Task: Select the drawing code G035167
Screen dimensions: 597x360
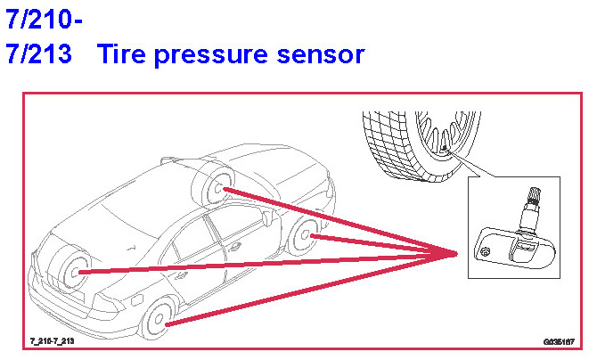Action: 558,341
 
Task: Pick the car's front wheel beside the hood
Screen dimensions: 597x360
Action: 307,235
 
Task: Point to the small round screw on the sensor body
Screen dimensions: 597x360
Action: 485,254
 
